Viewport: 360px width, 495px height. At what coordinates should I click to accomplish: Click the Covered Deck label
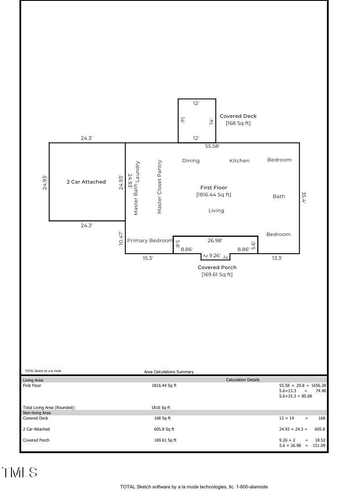click(238, 116)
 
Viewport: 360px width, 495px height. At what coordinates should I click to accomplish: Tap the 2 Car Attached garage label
click(86, 182)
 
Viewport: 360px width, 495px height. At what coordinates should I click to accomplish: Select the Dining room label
click(191, 161)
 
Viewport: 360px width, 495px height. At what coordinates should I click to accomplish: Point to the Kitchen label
click(239, 161)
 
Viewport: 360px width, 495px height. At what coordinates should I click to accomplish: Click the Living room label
click(216, 210)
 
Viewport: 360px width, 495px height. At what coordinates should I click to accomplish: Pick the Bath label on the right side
click(279, 196)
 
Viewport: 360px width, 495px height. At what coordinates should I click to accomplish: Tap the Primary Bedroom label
click(150, 240)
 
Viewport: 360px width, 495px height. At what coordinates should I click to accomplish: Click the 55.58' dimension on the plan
click(212, 146)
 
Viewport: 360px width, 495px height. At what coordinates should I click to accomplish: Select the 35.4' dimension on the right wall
click(304, 197)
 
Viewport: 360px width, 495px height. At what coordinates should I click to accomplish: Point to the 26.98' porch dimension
click(215, 240)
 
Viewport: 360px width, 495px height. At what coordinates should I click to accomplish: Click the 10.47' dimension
click(121, 238)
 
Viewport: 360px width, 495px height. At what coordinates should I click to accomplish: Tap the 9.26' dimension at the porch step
click(215, 255)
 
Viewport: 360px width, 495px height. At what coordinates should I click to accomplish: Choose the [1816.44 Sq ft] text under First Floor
click(214, 195)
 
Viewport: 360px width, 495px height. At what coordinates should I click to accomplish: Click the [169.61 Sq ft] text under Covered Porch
click(217, 274)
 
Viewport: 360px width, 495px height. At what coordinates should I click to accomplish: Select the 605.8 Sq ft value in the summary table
click(164, 429)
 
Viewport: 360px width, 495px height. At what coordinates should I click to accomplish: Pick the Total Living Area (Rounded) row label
click(49, 408)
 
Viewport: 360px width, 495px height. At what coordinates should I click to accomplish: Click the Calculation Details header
click(243, 380)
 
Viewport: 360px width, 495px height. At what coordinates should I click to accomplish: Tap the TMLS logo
click(19, 472)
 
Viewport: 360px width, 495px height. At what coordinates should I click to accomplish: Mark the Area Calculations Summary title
click(169, 372)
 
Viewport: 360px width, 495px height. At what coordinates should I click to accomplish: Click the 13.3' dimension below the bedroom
click(277, 258)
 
